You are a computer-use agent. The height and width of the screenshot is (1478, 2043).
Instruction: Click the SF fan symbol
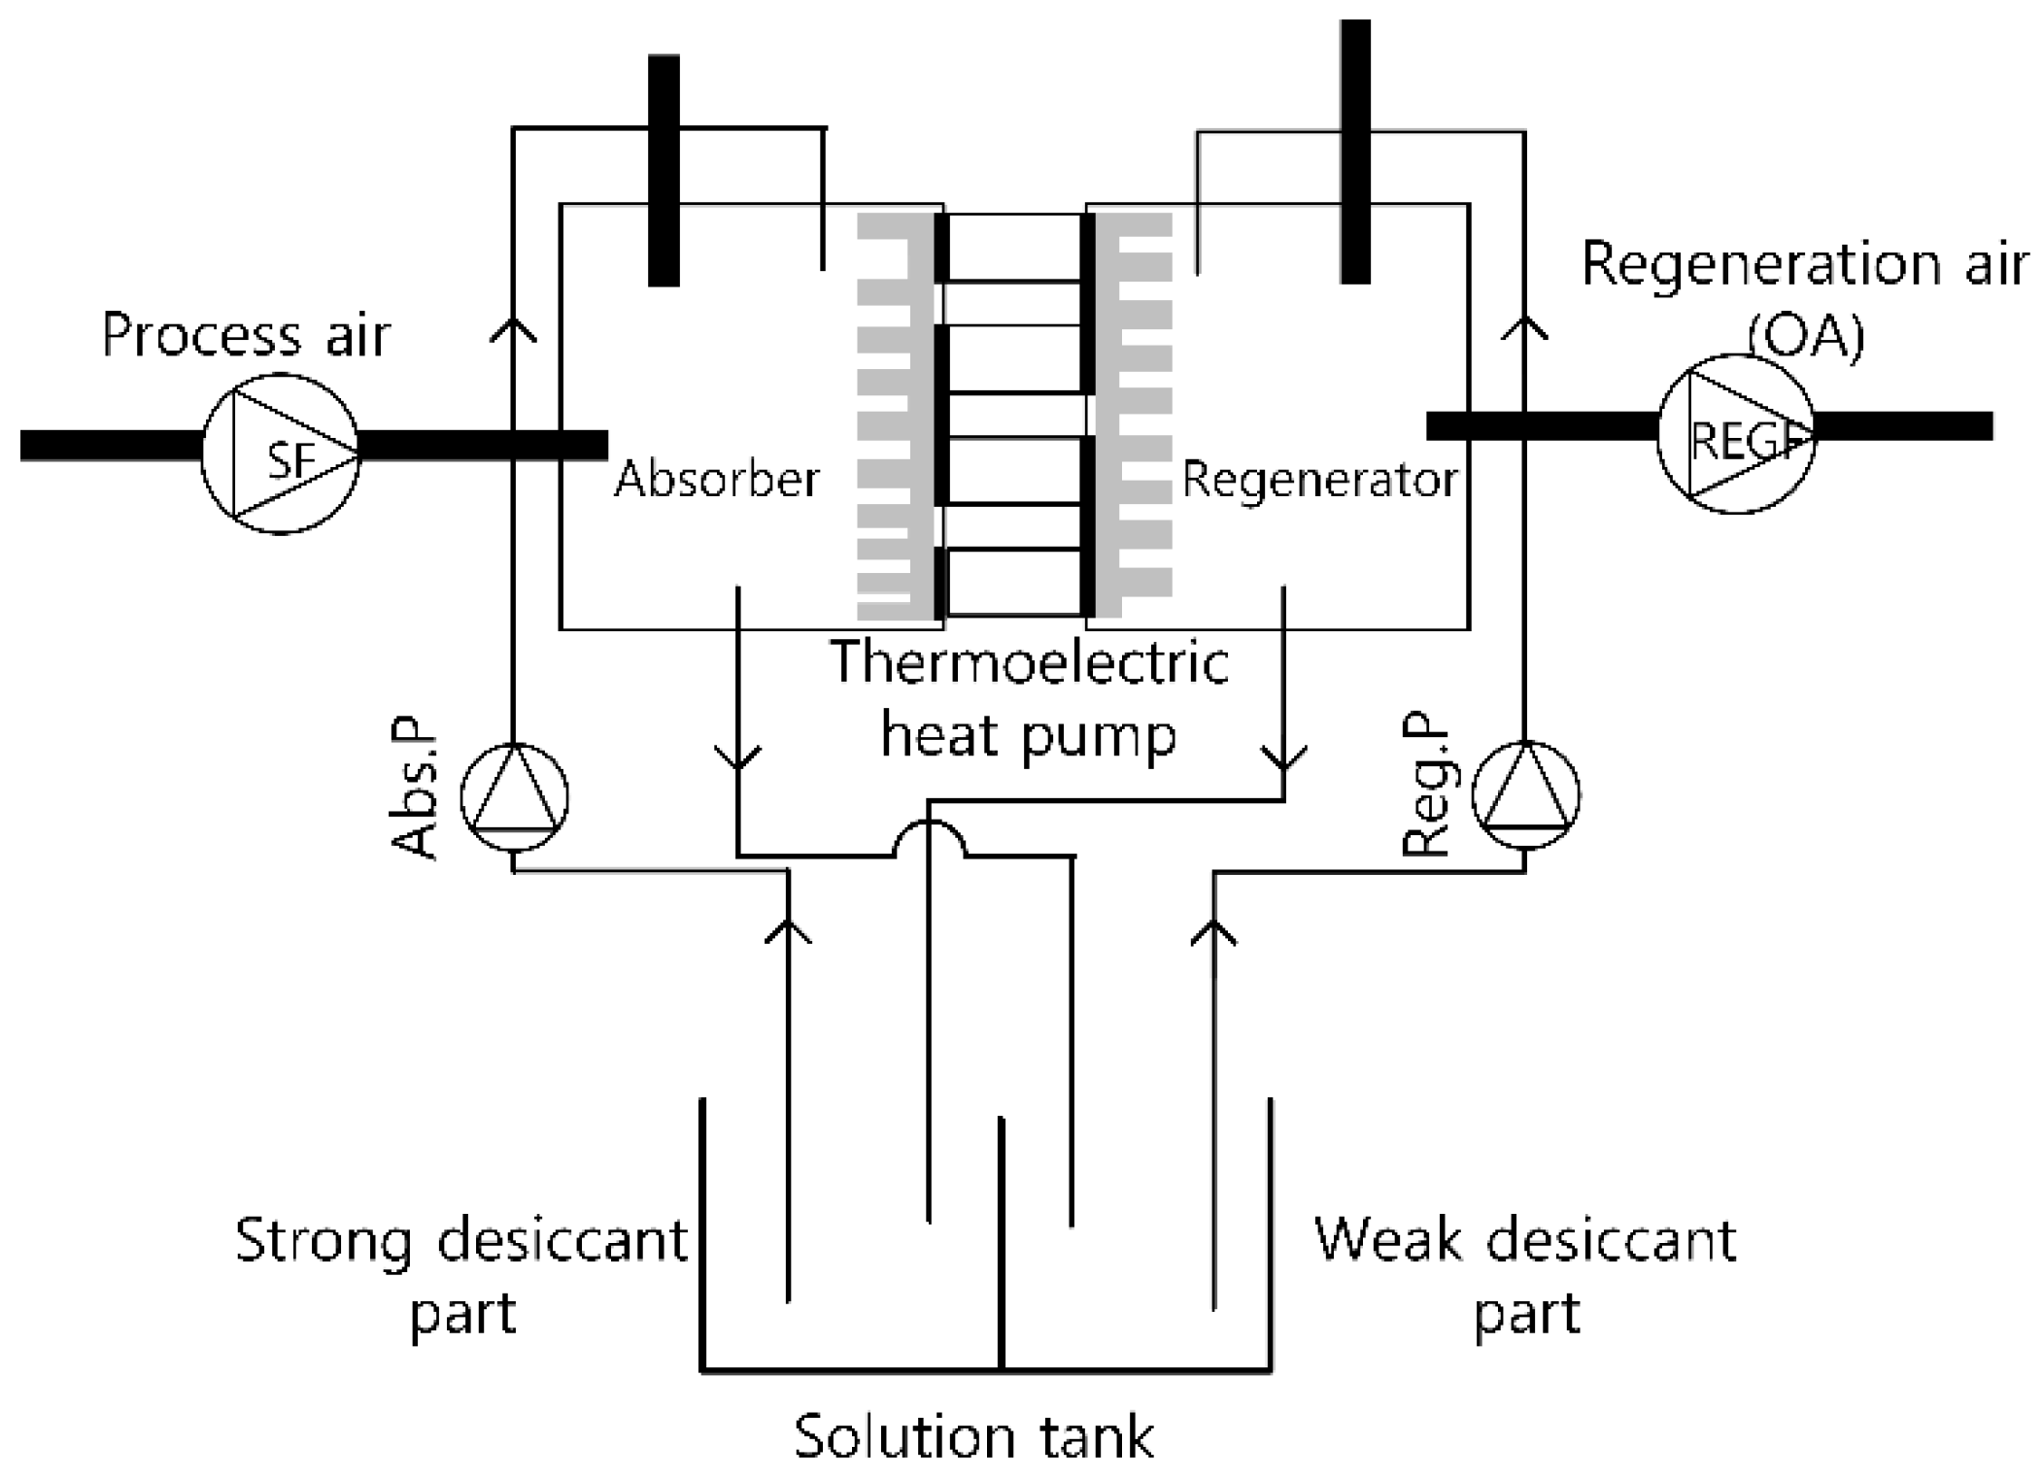click(x=281, y=453)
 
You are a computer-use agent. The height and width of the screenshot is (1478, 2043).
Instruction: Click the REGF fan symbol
click(x=1736, y=434)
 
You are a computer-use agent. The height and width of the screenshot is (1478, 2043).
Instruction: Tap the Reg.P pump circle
click(x=1526, y=795)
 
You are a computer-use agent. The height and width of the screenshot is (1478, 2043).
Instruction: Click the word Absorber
click(x=717, y=479)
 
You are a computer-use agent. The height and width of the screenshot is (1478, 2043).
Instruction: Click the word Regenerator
click(x=1319, y=479)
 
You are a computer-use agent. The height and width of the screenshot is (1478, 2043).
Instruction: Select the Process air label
click(x=246, y=336)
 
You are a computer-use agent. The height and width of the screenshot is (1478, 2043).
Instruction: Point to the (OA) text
click(x=1806, y=338)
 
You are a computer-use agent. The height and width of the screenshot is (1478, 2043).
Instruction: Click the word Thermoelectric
click(x=1030, y=663)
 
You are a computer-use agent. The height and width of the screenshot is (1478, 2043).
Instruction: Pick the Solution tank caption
click(x=974, y=1437)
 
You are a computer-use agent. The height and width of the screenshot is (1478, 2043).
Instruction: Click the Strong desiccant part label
click(x=462, y=1274)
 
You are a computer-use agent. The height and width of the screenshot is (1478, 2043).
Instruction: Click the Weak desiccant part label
click(x=1525, y=1274)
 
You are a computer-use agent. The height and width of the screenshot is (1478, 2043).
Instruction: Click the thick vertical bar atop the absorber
click(x=664, y=170)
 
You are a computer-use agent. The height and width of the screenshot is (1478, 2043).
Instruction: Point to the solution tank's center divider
click(x=1001, y=1243)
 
